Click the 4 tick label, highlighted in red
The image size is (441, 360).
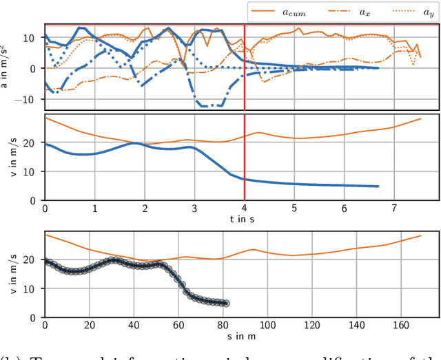pyautogui.click(x=245, y=208)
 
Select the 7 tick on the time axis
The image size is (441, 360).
pyautogui.click(x=394, y=208)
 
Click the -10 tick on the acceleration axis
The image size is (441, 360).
pyautogui.click(x=30, y=98)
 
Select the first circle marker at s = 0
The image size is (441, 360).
pyautogui.click(x=45, y=261)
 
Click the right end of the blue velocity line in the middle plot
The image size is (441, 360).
pyautogui.click(x=378, y=186)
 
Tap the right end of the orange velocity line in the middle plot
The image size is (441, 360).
pyautogui.click(x=420, y=119)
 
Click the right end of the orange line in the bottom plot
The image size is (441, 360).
pyautogui.click(x=420, y=235)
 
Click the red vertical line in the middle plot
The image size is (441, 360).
pyautogui.click(x=245, y=158)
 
